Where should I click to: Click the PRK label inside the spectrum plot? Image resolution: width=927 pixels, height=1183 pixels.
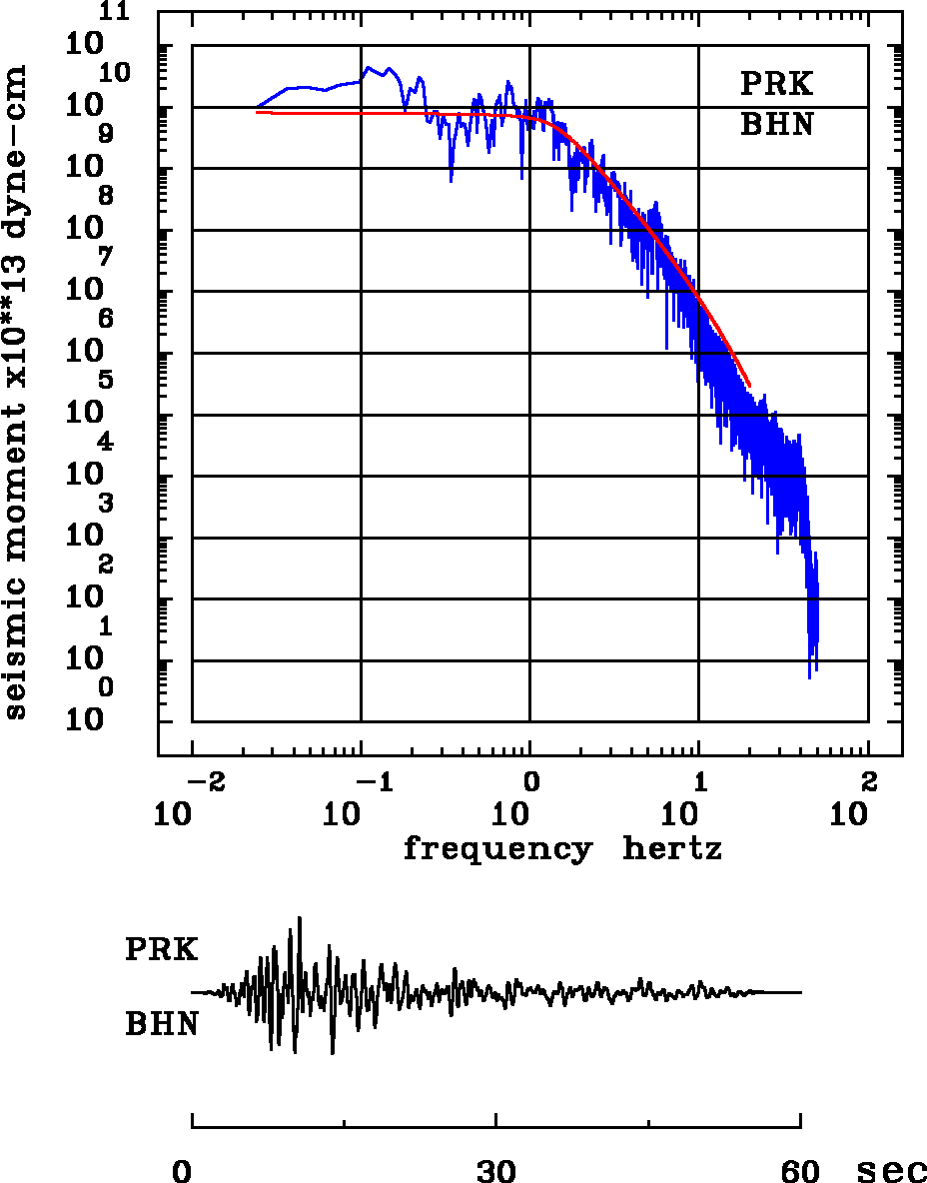coord(776,84)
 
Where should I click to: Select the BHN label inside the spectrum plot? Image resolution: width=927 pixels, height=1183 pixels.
coord(776,125)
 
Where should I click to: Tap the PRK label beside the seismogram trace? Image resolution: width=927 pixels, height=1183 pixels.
coord(161,949)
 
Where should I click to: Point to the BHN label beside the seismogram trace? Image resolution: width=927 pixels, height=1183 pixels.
coord(161,1024)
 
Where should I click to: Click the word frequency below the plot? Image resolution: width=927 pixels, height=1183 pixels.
coord(496,849)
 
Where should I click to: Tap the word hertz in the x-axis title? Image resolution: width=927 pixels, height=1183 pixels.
coord(672,849)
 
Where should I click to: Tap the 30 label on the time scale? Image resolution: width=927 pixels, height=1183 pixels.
coord(496,1170)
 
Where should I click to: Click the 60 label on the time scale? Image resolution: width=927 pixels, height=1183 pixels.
coord(801,1170)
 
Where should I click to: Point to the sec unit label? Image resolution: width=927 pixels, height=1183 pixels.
coord(892,1170)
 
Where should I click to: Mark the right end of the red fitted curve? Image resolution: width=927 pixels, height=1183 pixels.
coord(749,385)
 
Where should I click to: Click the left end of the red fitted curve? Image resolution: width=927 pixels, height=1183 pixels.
coord(258,112)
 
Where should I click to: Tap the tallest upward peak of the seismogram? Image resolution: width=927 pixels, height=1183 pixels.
coord(299,918)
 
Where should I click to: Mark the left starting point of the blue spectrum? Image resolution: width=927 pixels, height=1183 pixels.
coord(258,106)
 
